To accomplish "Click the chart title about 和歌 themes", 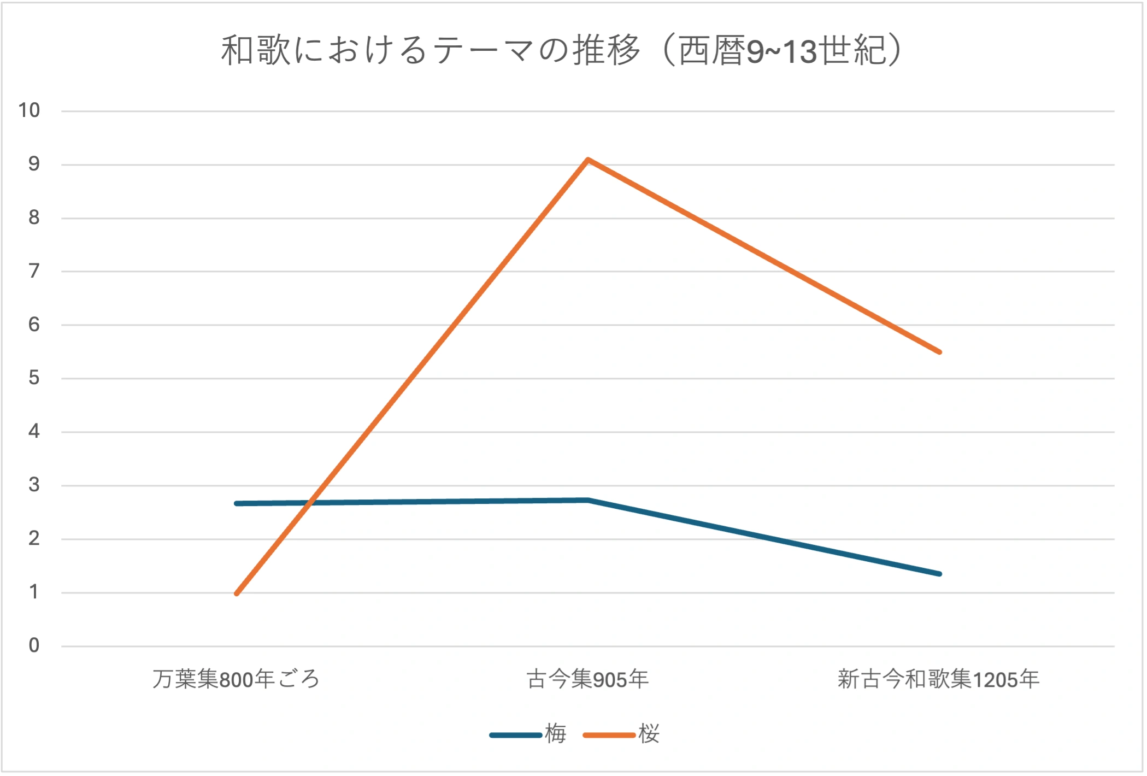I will pos(561,50).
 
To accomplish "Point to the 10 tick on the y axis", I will pos(30,110).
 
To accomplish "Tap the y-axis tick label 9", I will pos(34,164).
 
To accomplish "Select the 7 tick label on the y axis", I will pos(34,271).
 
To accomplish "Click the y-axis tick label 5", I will pos(34,378).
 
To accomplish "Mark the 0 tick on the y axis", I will pos(34,646).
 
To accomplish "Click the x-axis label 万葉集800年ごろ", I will pos(236,679).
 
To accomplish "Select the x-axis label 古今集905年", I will pos(587,679).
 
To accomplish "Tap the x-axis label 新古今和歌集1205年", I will pos(938,679).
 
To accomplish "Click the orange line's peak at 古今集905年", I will pos(587,160).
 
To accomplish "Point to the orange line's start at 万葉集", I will pos(236,593).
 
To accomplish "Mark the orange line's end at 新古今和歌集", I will pos(939,352).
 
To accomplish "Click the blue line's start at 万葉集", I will pos(236,503).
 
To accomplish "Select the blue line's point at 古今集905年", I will pos(587,500).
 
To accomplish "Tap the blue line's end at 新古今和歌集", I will pos(939,574).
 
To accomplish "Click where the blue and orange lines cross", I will pos(309,502).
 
